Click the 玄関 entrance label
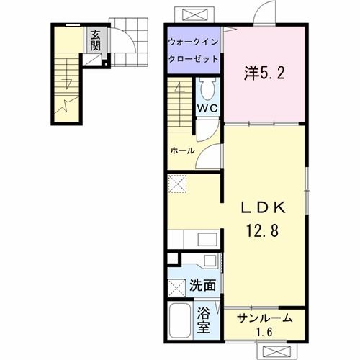pos(95,42)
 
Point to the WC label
pos(208,108)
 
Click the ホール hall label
pos(181,151)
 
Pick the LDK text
pos(264,208)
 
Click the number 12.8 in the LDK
pos(264,233)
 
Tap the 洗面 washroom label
pos(202,285)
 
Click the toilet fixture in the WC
pos(208,91)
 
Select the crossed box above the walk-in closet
pos(195,14)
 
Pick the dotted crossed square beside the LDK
pos(177,183)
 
